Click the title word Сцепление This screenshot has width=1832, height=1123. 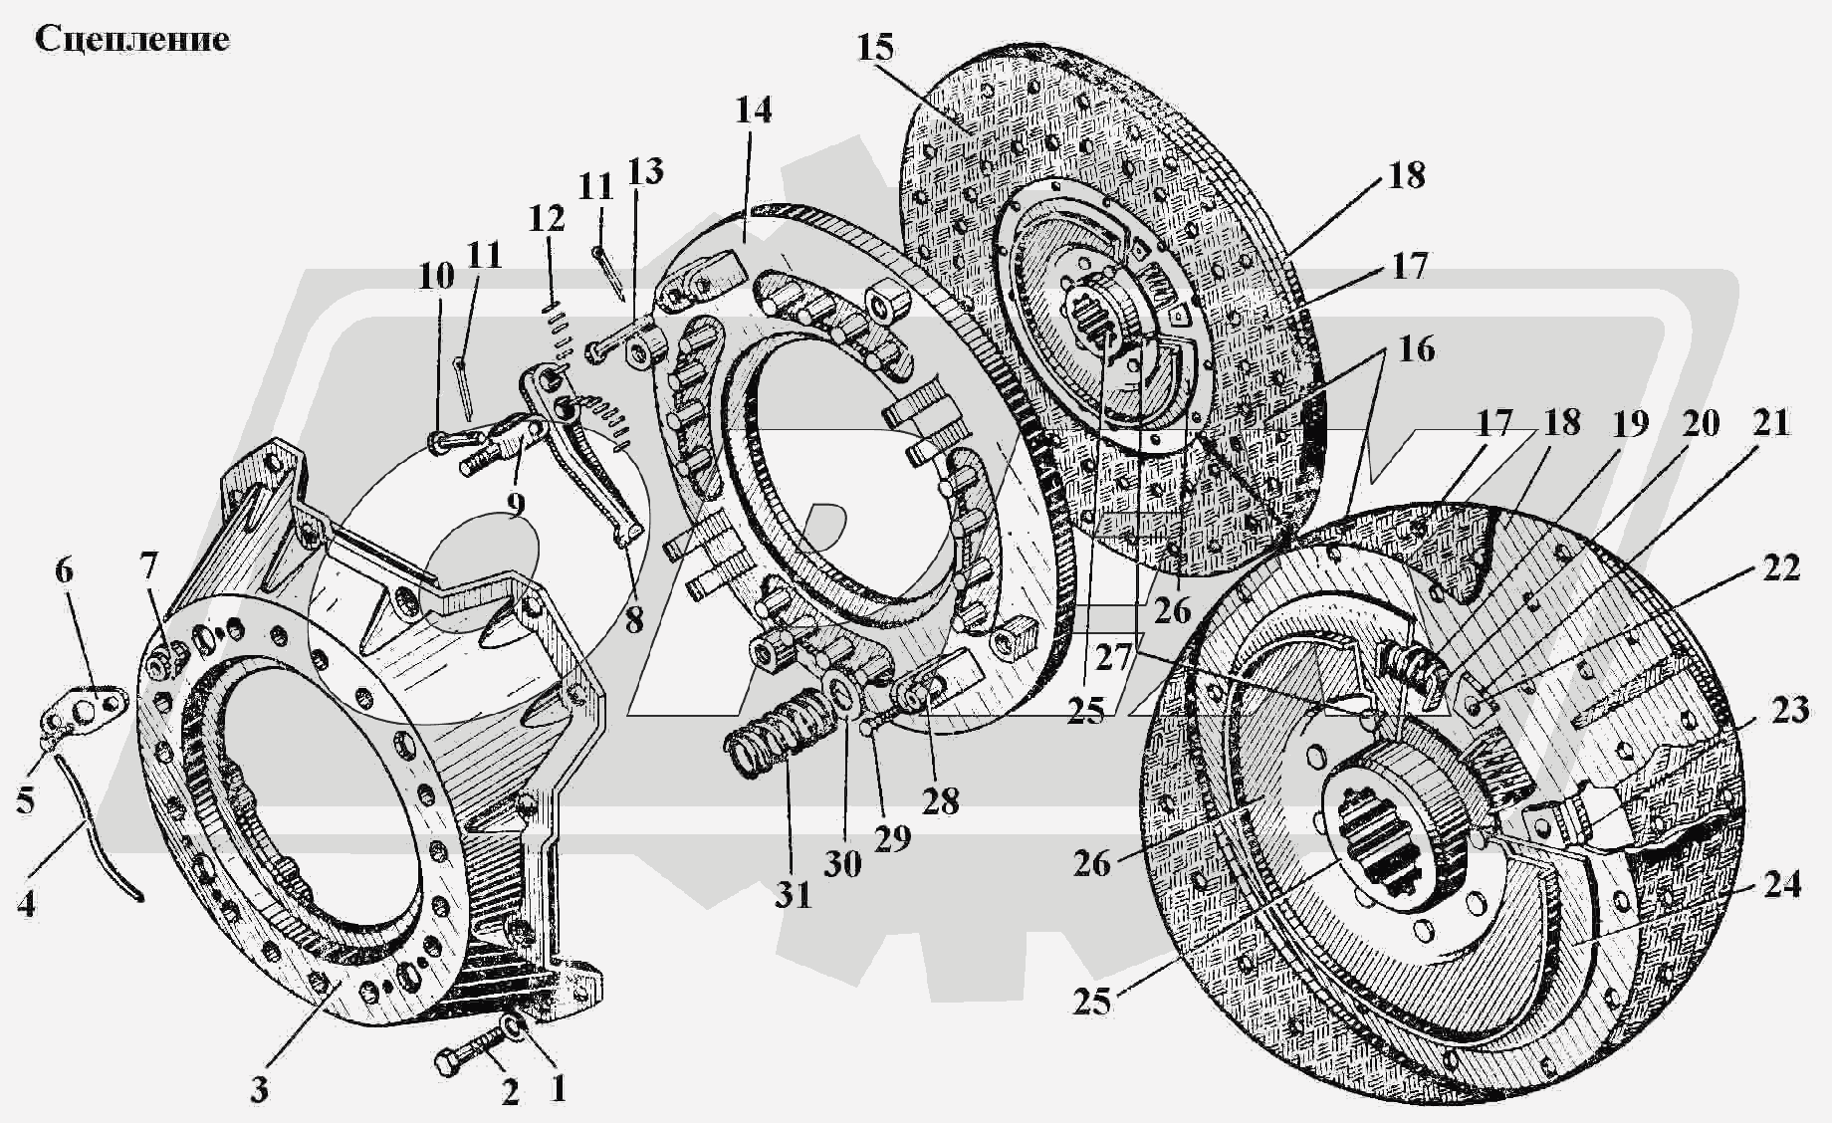point(132,40)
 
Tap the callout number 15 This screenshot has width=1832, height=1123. point(874,48)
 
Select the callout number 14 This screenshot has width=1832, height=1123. point(754,110)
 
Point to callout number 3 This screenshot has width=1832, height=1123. point(259,1089)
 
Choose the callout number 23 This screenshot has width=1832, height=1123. point(1790,711)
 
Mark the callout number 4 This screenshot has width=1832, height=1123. point(27,904)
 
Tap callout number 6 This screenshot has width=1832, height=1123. point(64,570)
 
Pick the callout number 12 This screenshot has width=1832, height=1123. point(547,219)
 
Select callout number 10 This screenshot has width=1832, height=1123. point(435,276)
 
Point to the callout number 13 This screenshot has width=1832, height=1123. point(645,171)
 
